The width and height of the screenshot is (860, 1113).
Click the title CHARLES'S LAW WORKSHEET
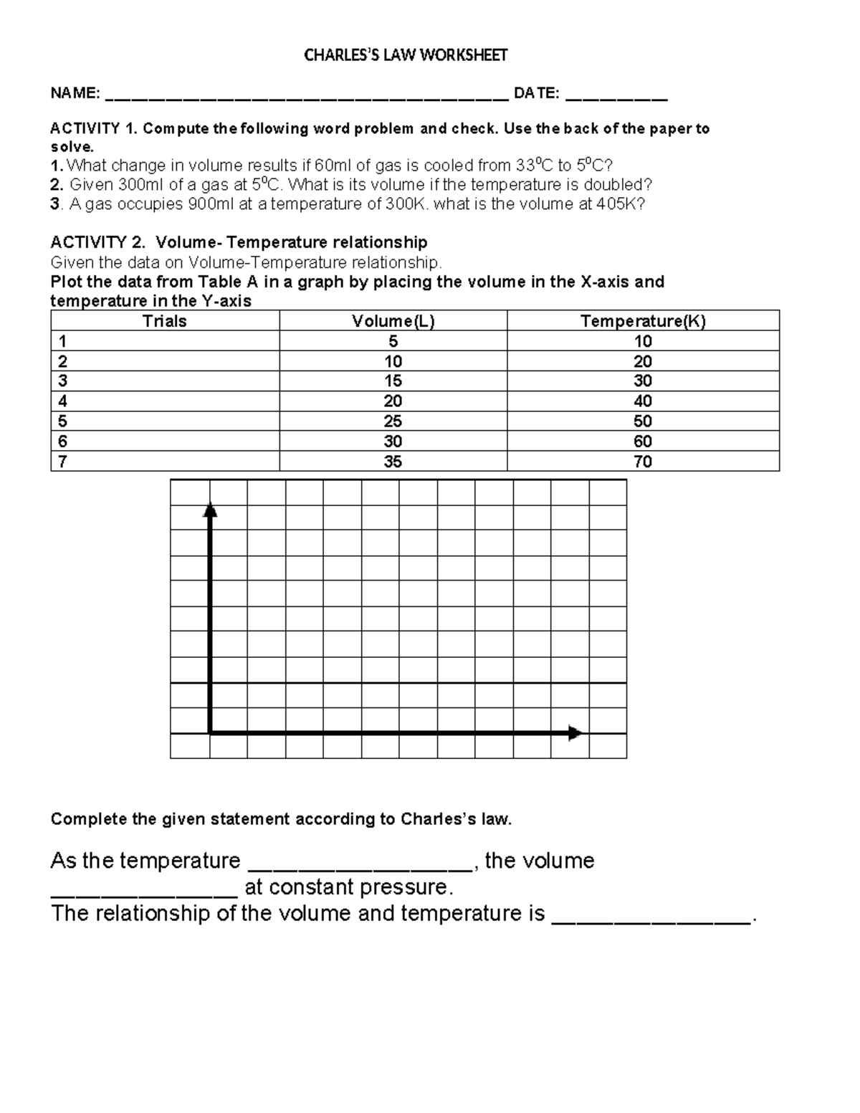click(406, 55)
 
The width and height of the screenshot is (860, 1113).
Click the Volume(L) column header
click(393, 320)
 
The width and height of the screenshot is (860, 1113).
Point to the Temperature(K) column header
click(643, 320)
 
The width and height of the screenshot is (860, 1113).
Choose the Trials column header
click(165, 320)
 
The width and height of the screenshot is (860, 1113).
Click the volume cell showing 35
click(393, 462)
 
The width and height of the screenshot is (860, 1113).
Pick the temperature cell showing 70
click(643, 462)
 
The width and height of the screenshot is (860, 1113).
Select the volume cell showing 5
click(393, 341)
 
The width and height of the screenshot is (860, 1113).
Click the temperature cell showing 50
click(643, 421)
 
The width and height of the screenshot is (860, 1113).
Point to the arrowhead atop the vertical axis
click(210, 509)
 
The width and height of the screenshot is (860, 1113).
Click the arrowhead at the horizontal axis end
click(575, 733)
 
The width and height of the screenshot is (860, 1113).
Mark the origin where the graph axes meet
click(210, 733)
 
